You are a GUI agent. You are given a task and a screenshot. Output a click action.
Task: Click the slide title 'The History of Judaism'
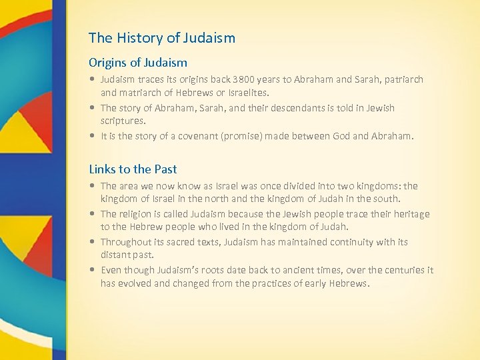tap(162, 38)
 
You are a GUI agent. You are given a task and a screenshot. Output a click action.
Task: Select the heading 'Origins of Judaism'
tap(138, 63)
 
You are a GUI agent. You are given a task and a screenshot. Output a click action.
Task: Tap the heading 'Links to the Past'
tap(133, 169)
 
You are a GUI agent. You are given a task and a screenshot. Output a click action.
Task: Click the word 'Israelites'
tap(248, 93)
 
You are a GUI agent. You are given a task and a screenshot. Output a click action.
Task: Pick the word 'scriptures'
tap(123, 121)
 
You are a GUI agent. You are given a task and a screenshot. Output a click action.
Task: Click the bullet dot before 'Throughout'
tap(93, 243)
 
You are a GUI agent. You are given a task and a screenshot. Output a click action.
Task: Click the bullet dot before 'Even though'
tap(93, 271)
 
